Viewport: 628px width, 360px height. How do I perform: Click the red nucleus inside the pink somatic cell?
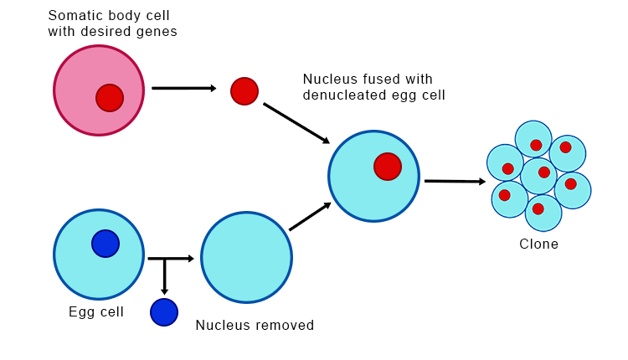click(109, 98)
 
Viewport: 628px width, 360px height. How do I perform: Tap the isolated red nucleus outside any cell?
click(245, 90)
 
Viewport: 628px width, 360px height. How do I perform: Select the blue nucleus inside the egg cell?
click(106, 244)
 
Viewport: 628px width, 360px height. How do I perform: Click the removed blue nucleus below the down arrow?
click(164, 312)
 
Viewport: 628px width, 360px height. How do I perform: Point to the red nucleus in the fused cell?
click(388, 167)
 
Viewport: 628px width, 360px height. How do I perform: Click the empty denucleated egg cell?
click(246, 258)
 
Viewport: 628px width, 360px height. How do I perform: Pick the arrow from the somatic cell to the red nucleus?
click(183, 88)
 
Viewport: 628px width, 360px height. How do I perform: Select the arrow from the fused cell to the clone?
click(455, 181)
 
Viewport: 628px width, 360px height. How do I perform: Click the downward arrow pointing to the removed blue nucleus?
click(164, 276)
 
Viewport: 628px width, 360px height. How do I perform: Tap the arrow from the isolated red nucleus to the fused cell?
click(296, 122)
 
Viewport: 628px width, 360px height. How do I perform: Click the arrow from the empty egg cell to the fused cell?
click(310, 217)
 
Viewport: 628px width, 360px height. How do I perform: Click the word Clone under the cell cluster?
click(538, 244)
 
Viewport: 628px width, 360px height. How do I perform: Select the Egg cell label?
click(96, 312)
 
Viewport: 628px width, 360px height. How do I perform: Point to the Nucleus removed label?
click(255, 325)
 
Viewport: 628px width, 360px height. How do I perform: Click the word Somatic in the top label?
click(74, 15)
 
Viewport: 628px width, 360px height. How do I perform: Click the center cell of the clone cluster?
click(539, 175)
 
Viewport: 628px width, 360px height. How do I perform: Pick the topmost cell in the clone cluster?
click(533, 139)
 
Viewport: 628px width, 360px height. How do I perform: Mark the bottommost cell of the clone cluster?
click(543, 213)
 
